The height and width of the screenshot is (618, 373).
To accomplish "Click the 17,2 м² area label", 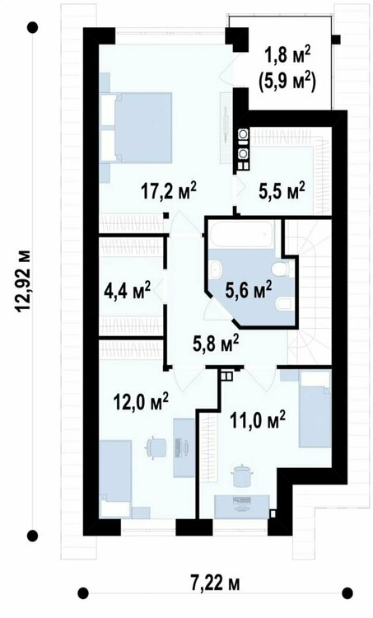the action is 168,192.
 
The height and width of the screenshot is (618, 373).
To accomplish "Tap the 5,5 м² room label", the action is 282,191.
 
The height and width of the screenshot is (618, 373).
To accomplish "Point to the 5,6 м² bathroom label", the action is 248,291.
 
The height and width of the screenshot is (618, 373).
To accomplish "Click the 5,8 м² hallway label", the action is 216,344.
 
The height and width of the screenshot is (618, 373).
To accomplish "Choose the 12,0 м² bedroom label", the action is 141,402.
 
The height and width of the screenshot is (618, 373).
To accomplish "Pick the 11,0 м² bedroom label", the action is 258,420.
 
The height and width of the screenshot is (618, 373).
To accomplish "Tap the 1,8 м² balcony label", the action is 287,56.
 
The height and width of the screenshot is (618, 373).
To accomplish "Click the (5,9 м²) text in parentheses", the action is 287,82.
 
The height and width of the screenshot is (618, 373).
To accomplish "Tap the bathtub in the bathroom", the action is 242,235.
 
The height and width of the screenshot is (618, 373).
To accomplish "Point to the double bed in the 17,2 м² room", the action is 137,127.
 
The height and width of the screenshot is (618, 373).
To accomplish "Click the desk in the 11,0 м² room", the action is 242,507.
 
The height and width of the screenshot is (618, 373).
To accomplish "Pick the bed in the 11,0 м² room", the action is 315,410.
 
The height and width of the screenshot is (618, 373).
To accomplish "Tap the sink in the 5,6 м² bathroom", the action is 216,269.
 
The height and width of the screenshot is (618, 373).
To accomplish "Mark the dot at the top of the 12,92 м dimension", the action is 32,27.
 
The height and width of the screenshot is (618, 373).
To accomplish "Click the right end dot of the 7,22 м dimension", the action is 347,592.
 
